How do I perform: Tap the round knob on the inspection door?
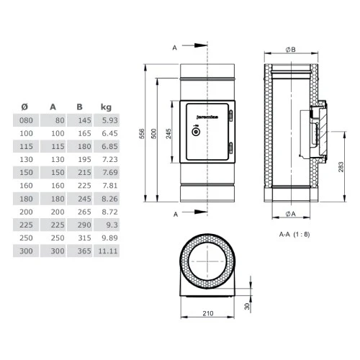[194, 132]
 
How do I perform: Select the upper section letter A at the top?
[175, 49]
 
